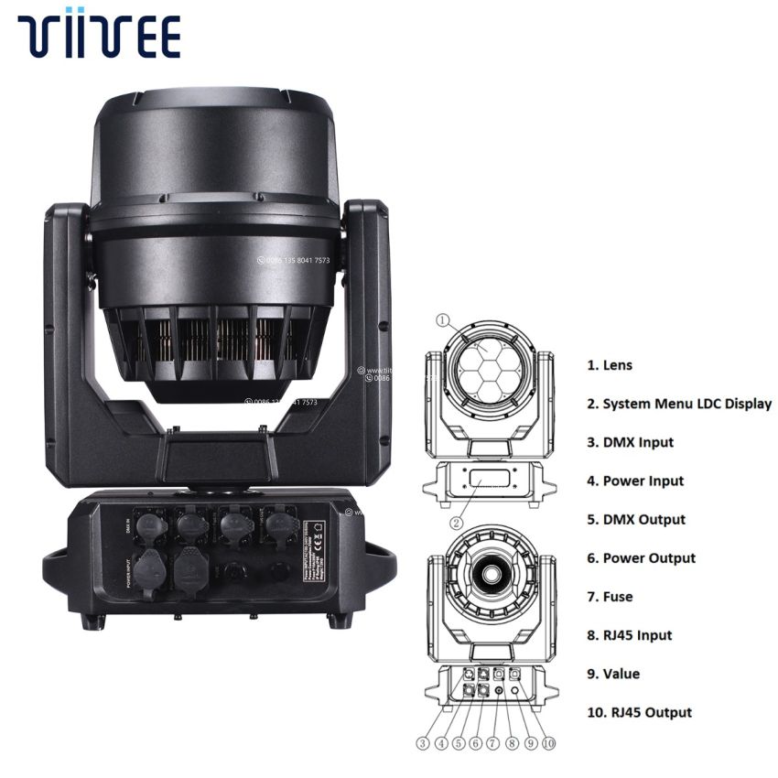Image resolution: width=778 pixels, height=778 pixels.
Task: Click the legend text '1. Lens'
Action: point(609,365)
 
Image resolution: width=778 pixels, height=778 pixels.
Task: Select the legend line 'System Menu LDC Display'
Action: point(678,404)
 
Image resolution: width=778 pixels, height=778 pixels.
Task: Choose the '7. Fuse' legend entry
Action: point(610,597)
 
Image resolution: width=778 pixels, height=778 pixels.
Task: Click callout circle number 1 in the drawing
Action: point(443,320)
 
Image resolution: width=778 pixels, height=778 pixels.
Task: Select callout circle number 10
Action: point(547,743)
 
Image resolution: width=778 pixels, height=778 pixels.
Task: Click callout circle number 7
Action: point(493,743)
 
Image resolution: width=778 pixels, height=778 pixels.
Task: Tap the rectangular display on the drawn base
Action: point(492,478)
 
